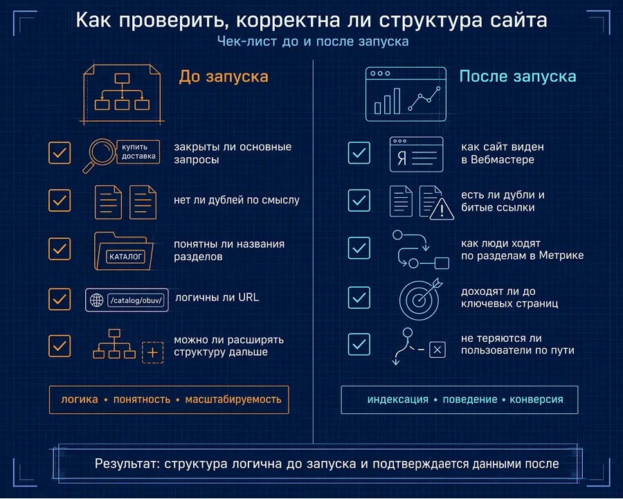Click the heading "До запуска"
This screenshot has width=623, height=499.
pyautogui.click(x=224, y=76)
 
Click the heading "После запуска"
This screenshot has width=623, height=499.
pyautogui.click(x=518, y=76)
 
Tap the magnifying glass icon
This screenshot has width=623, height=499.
pyautogui.click(x=101, y=153)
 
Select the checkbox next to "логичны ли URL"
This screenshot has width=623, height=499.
pyautogui.click(x=60, y=299)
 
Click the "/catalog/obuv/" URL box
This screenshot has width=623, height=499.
pyautogui.click(x=138, y=300)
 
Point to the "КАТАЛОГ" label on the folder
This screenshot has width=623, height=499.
pyautogui.click(x=126, y=256)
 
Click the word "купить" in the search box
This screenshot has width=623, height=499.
pyautogui.click(x=135, y=147)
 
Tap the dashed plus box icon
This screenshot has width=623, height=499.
pyautogui.click(x=153, y=353)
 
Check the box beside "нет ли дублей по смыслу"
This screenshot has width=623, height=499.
pyautogui.click(x=60, y=201)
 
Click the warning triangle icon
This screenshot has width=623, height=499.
pyautogui.click(x=441, y=209)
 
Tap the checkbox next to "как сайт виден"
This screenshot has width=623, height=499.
pyautogui.click(x=359, y=153)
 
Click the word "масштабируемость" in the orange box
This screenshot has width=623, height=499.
pyautogui.click(x=233, y=400)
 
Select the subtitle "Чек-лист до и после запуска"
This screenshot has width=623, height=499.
pyautogui.click(x=312, y=42)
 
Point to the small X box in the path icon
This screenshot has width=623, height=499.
pyautogui.click(x=437, y=350)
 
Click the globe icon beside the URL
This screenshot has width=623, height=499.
pyautogui.click(x=96, y=300)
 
